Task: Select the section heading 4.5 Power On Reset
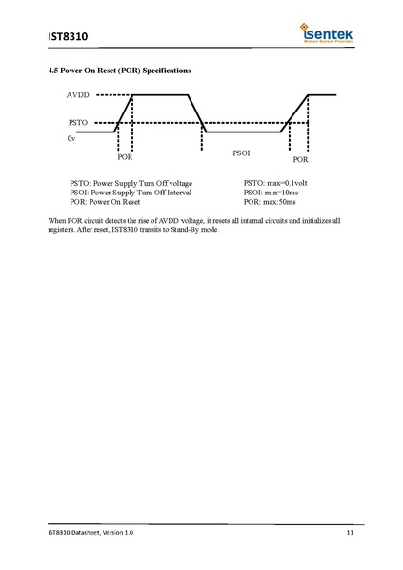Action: [x=119, y=71]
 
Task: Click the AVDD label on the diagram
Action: [x=79, y=95]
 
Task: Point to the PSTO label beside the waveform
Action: [x=79, y=123]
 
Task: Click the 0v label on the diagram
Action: [x=71, y=139]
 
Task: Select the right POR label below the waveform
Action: [x=300, y=160]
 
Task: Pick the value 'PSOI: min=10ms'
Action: [x=271, y=193]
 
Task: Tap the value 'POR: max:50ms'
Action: [x=270, y=202]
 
